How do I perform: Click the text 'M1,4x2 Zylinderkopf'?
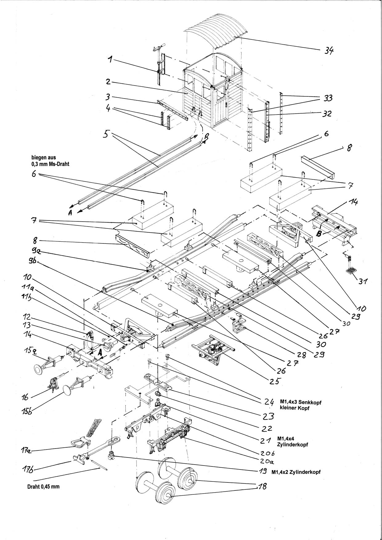(296, 472)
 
